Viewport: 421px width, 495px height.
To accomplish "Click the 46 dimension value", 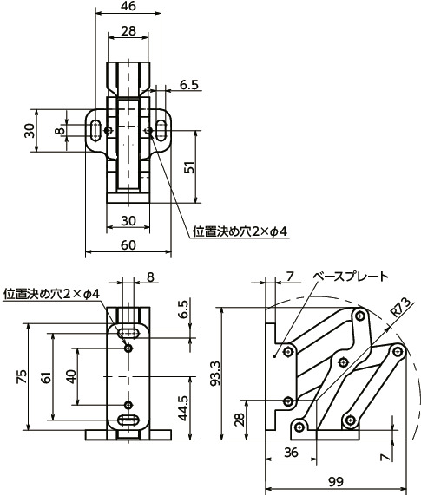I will [128, 6].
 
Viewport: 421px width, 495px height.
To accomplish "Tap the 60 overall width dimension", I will [128, 245].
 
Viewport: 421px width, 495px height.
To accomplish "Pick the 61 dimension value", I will [45, 377].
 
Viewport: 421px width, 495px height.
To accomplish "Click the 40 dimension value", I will [71, 376].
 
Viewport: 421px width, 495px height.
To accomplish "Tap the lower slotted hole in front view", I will [128, 420].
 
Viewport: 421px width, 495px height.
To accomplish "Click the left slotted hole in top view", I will [94, 131].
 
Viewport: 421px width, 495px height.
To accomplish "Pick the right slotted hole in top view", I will [161, 131].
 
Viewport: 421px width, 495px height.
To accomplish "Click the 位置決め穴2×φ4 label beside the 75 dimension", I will [52, 293].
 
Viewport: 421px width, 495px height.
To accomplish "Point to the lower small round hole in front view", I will [128, 405].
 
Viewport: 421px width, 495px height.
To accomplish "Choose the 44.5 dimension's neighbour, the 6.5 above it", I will [184, 308].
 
